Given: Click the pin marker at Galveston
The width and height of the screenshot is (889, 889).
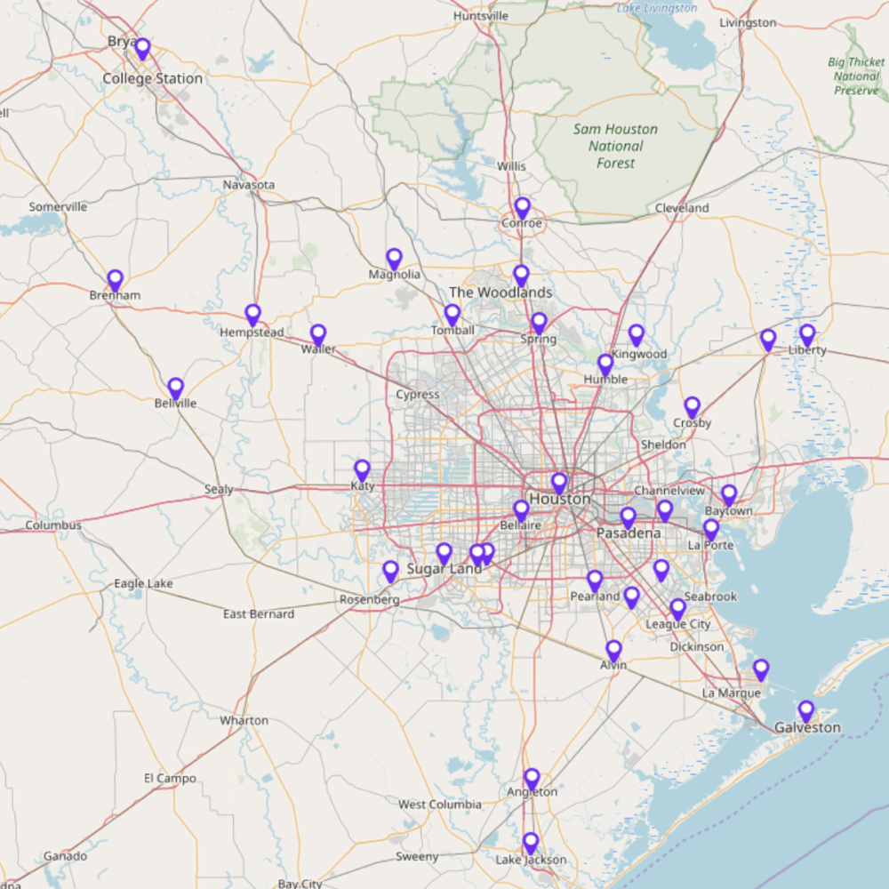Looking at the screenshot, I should [x=805, y=711].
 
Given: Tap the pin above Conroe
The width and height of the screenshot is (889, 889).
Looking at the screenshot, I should [x=522, y=208].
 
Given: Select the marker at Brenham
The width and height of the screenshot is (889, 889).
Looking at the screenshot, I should [x=115, y=281].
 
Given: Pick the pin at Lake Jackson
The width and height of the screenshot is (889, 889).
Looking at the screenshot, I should [x=531, y=843].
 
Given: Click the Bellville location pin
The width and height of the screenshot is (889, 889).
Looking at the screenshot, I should [x=176, y=388].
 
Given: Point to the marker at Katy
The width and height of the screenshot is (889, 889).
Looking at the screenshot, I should [x=362, y=470].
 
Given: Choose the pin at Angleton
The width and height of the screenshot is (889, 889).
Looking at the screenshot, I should [x=532, y=779].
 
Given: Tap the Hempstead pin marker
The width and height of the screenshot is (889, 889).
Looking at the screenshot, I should [x=253, y=315].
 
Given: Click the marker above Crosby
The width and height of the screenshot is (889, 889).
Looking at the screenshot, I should [x=692, y=407].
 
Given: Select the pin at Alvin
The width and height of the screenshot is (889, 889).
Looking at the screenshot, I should [x=613, y=651].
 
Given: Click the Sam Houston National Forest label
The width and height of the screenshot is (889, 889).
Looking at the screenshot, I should [x=615, y=146].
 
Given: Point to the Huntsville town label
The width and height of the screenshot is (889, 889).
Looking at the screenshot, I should [x=480, y=16].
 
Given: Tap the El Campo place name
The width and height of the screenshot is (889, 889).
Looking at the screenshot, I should [x=170, y=778].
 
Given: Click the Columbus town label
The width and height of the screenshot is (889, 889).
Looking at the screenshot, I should [x=53, y=525].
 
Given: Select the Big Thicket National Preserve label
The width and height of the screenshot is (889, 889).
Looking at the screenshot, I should [x=856, y=76].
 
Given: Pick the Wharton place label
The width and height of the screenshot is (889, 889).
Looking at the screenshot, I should [x=244, y=720].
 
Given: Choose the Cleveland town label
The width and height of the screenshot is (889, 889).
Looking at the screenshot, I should [x=682, y=208].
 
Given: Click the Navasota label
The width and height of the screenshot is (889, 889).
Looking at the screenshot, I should [x=249, y=185].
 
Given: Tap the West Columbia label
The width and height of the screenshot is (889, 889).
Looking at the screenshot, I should [x=439, y=805].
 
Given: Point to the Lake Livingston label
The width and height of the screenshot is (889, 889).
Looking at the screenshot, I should [x=658, y=8].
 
